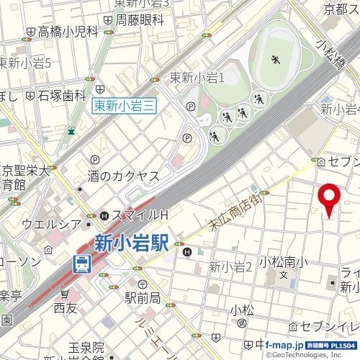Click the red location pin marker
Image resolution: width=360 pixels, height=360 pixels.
pyautogui.click(x=329, y=197)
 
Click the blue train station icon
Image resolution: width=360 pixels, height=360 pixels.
pyautogui.click(x=81, y=264)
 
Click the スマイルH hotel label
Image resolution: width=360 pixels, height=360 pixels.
pyautogui.click(x=139, y=215)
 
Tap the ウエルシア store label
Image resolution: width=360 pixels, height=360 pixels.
pyautogui.click(x=51, y=224)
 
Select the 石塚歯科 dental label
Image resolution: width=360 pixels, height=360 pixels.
pyautogui.click(x=61, y=94)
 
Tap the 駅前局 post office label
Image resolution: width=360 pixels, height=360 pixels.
pyautogui.click(x=142, y=297)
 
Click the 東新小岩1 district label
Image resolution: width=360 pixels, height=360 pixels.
pyautogui.click(x=198, y=78)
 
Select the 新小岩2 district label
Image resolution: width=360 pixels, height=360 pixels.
pyautogui.click(x=230, y=267)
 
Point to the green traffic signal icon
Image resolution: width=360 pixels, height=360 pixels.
pyautogui.click(x=71, y=130)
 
